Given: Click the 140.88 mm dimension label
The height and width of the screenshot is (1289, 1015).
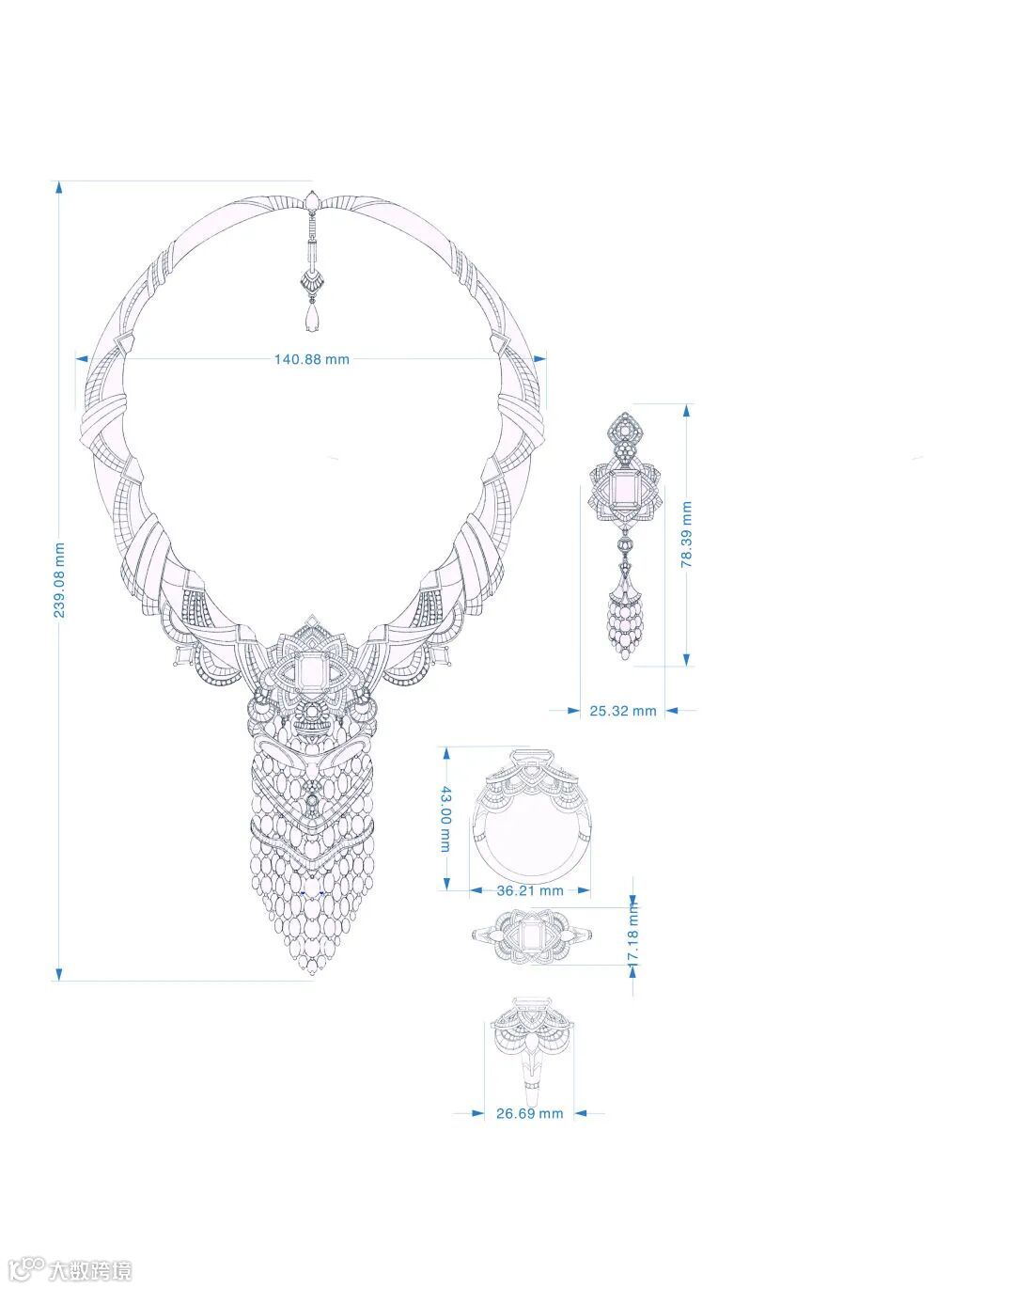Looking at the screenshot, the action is (x=311, y=359).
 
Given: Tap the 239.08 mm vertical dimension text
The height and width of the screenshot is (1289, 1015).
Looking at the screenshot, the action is (x=59, y=580).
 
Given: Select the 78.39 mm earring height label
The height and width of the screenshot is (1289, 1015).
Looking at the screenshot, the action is (x=686, y=534).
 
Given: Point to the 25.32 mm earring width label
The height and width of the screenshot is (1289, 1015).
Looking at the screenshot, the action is (x=623, y=711).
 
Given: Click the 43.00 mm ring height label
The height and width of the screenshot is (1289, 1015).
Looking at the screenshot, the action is (x=446, y=819).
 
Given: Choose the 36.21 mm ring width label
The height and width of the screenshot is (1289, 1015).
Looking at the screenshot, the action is (x=530, y=890).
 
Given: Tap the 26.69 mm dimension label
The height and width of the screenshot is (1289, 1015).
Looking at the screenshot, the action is (x=529, y=1113).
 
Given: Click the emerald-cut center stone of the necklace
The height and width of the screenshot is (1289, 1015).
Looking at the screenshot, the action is (x=311, y=673).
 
